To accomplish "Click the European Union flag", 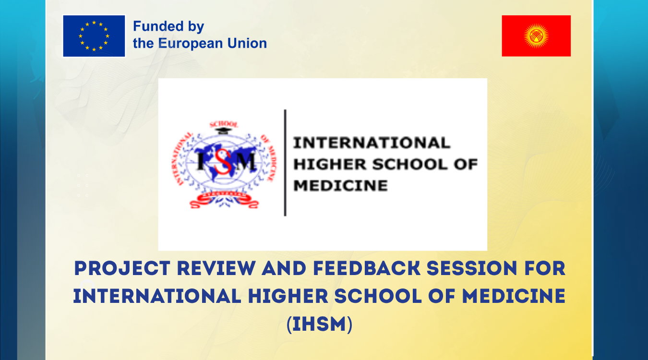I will tap(94, 36).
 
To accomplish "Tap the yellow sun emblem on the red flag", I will tap(536, 36).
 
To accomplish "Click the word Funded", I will tap(152, 26).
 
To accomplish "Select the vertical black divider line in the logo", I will tap(285, 163).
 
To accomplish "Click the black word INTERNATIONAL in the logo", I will tap(372, 143).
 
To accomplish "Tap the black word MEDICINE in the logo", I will tap(340, 185).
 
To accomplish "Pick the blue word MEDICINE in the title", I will tap(514, 297).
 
